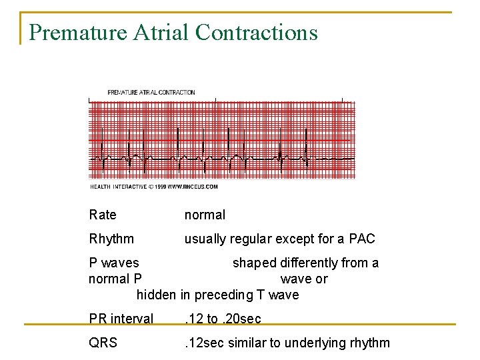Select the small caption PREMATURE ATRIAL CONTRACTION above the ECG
151,92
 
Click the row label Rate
102,215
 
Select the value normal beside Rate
205,215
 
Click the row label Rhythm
111,239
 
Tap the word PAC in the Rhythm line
362,239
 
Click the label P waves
114,263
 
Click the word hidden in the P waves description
156,295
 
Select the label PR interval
121,319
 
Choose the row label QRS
103,343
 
